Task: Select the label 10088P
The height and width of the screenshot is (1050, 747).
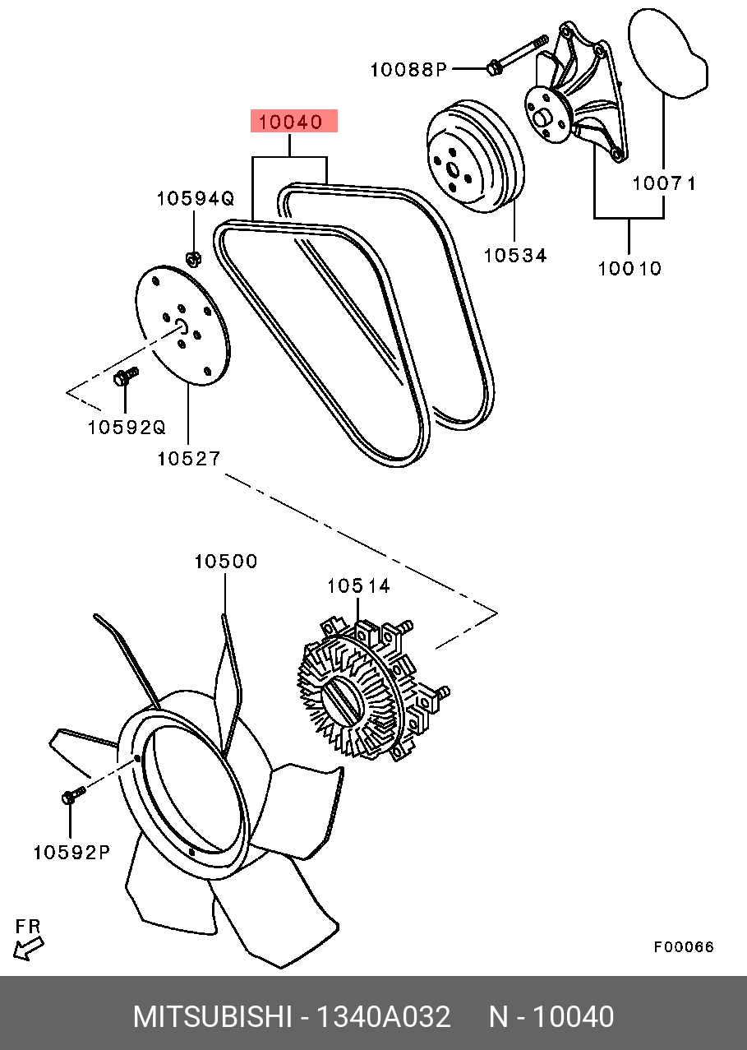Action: pyautogui.click(x=407, y=69)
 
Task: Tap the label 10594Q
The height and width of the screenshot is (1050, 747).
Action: pyautogui.click(x=196, y=198)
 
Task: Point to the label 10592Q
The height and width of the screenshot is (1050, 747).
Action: pyautogui.click(x=127, y=428)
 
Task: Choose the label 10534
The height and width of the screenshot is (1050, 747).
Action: pyautogui.click(x=514, y=255)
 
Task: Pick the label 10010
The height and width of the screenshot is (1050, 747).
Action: pyautogui.click(x=629, y=268)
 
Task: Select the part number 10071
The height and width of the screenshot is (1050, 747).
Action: pyautogui.click(x=664, y=183)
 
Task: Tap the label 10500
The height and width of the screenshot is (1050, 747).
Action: pyautogui.click(x=225, y=562)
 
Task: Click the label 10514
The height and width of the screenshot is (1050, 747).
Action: pyautogui.click(x=358, y=585)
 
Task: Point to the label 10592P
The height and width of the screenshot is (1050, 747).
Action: pyautogui.click(x=71, y=853)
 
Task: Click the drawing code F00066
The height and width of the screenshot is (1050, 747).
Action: pyautogui.click(x=684, y=947)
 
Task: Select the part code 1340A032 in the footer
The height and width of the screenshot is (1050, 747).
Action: pyautogui.click(x=384, y=1017)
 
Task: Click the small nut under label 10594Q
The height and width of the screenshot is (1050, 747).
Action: pyautogui.click(x=193, y=260)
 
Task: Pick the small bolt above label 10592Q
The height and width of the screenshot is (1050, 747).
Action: pyautogui.click(x=126, y=377)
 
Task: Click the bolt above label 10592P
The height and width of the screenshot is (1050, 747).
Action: pyautogui.click(x=72, y=795)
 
